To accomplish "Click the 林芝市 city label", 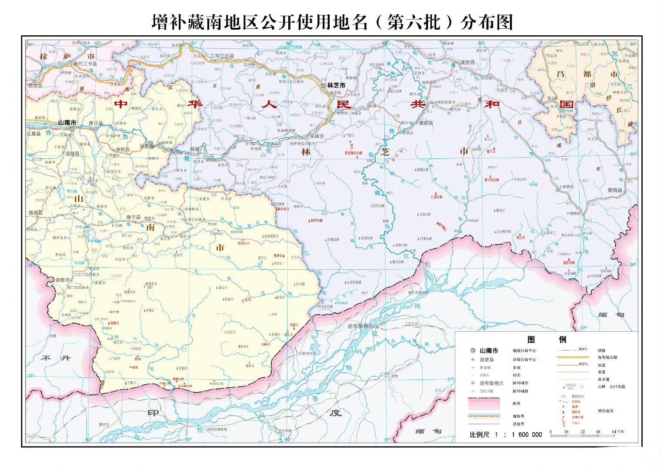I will click(x=336, y=86).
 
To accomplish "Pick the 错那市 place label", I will click(x=63, y=280).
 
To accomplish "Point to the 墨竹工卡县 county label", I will click(x=85, y=64).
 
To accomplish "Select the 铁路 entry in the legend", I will click(x=602, y=350).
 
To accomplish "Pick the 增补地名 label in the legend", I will click(x=605, y=410).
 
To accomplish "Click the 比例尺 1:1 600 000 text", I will click(x=506, y=434).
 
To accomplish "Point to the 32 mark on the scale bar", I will click(x=582, y=432).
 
